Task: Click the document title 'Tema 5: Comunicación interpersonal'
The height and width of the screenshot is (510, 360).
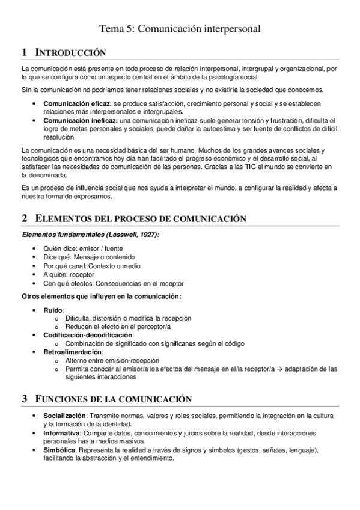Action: coord(180,28)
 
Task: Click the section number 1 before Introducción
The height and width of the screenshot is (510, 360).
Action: coord(23,52)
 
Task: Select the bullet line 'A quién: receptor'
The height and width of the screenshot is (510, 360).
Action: coord(69,274)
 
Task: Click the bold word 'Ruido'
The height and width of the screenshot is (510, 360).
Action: coord(53,310)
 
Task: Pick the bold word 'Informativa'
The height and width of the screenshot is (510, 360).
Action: coord(61,433)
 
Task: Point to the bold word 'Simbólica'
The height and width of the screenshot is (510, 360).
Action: coord(59,450)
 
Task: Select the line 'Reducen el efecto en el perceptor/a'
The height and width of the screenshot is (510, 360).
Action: coord(118,327)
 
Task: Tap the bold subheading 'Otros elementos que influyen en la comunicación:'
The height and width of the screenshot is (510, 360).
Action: coord(102,296)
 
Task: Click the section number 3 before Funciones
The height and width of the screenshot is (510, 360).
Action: coord(24,399)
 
